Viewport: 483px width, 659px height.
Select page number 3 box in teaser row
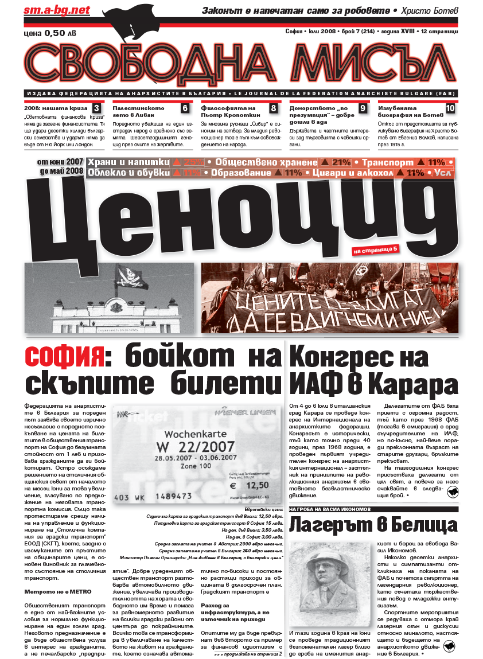tap(96, 108)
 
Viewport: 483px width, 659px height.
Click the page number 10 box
tap(450, 108)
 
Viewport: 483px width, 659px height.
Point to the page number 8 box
tap(274, 108)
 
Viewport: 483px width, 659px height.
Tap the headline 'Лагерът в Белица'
tap(373, 526)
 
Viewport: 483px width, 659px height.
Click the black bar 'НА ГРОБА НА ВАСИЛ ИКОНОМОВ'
tap(330, 509)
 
